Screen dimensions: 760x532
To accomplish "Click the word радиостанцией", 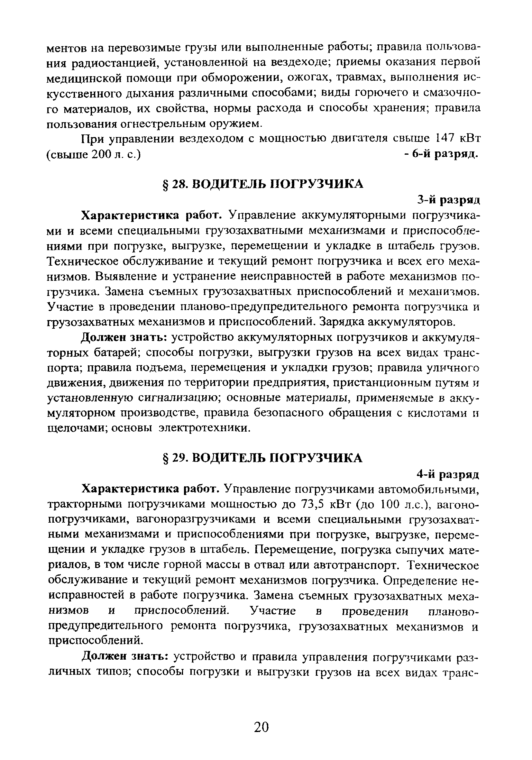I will pos(113,63).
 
